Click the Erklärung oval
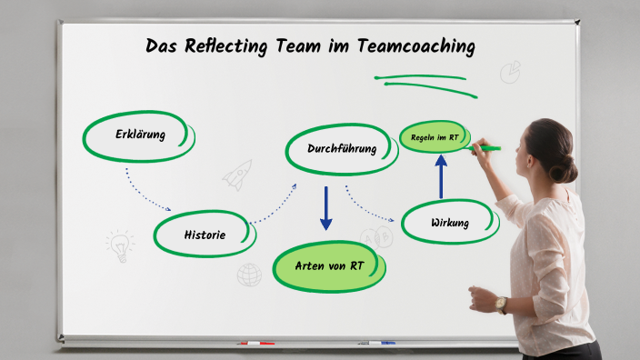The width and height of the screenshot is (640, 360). (139, 135)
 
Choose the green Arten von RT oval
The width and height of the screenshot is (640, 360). (329, 265)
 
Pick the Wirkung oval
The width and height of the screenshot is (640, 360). (450, 222)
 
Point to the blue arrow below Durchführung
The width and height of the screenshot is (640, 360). (325, 207)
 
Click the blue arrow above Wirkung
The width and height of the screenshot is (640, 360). (441, 175)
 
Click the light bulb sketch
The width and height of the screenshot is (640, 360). (119, 244)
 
